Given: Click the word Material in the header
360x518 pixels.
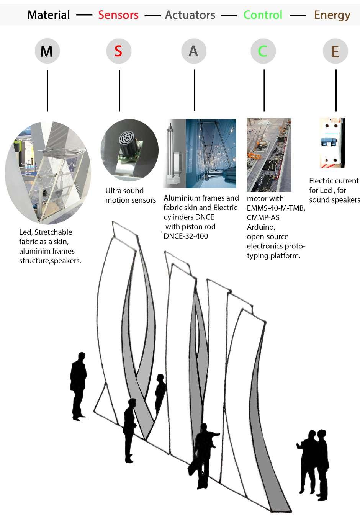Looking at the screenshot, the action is pyautogui.click(x=49, y=15).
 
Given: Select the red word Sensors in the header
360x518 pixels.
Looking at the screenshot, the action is pyautogui.click(x=118, y=15).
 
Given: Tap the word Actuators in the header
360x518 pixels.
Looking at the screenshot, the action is pyautogui.click(x=190, y=15).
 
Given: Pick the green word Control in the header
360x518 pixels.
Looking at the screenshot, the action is pyautogui.click(x=263, y=15).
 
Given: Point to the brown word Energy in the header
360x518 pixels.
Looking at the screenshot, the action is pyautogui.click(x=332, y=15).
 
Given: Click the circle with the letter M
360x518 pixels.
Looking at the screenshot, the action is pyautogui.click(x=47, y=51).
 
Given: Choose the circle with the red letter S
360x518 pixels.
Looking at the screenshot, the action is pyautogui.click(x=118, y=51).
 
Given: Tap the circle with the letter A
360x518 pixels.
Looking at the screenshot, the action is pyautogui.click(x=193, y=51).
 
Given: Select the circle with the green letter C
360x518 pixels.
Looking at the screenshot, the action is pyautogui.click(x=263, y=51).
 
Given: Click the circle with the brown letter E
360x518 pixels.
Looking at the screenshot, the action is pyautogui.click(x=335, y=51).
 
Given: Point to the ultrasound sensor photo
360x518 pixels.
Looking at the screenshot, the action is pyautogui.click(x=129, y=149).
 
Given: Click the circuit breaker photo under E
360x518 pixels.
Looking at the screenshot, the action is pyautogui.click(x=332, y=143).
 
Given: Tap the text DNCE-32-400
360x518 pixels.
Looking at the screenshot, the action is pyautogui.click(x=186, y=236).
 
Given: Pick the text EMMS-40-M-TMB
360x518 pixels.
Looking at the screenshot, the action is pyautogui.click(x=276, y=208).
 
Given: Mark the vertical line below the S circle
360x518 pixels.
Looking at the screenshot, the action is pyautogui.click(x=119, y=91).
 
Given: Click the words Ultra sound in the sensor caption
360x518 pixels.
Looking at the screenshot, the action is pyautogui.click(x=124, y=191).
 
